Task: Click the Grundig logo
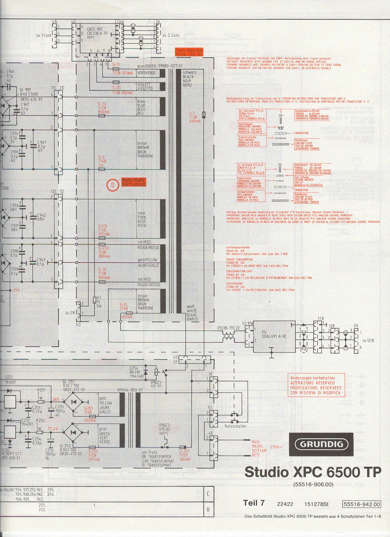321,444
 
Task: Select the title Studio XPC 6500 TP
313,472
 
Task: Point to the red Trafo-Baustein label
189,52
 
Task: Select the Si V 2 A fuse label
102,161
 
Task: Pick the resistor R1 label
98,301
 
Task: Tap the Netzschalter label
235,426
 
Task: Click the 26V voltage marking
56,399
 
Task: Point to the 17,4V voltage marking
53,429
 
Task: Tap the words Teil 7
254,503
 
